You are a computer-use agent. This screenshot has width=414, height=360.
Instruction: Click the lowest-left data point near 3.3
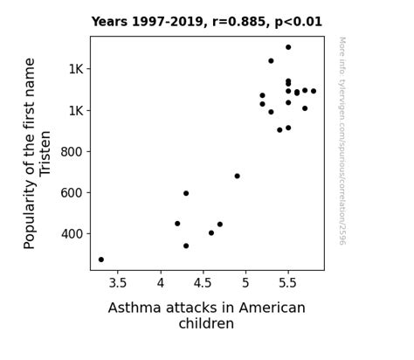pyautogui.click(x=101, y=260)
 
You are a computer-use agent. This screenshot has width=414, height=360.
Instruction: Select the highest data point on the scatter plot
pyautogui.click(x=288, y=47)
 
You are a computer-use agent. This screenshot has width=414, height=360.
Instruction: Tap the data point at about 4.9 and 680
pyautogui.click(x=237, y=176)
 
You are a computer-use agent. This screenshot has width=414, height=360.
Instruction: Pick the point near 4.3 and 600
pyautogui.click(x=186, y=193)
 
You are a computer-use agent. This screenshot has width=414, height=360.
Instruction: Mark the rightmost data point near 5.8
pyautogui.click(x=314, y=91)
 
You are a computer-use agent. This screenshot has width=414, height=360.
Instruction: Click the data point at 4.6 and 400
pyautogui.click(x=211, y=233)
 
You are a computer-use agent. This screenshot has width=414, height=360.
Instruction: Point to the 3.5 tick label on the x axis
pyautogui.click(x=118, y=283)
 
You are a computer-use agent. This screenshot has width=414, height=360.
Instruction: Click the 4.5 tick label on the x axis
pyautogui.click(x=203, y=283)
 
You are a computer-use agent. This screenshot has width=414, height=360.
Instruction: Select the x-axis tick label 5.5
pyautogui.click(x=288, y=283)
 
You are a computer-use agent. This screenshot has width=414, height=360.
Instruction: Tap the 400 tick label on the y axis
pyautogui.click(x=69, y=234)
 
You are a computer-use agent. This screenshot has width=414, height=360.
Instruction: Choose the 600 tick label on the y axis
pyautogui.click(x=69, y=193)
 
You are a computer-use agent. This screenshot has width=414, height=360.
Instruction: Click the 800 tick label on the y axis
pyautogui.click(x=69, y=152)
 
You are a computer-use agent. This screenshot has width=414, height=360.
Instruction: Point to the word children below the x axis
pyautogui.click(x=206, y=324)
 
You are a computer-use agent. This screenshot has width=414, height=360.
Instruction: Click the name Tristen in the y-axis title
pyautogui.click(x=46, y=154)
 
